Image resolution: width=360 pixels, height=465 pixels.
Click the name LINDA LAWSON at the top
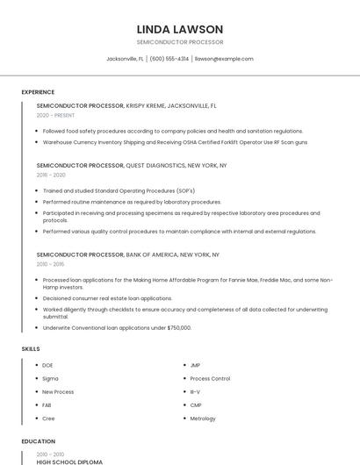tap(180, 29)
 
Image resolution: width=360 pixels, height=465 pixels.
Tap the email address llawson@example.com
tap(224, 59)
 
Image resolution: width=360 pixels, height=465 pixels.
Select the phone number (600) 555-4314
tap(169, 59)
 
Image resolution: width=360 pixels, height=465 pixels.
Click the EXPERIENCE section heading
tap(38, 92)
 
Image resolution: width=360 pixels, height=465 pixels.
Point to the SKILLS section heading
tap(31, 349)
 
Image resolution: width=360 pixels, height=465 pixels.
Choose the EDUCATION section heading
tap(38, 441)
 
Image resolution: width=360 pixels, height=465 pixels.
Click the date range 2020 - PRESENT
tap(55, 115)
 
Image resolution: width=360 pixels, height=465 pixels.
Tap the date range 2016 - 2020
tap(51, 175)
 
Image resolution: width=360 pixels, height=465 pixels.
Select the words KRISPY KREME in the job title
tap(145, 105)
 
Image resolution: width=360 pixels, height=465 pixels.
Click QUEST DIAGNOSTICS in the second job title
tap(160, 165)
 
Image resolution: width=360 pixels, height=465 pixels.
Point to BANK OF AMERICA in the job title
tap(151, 254)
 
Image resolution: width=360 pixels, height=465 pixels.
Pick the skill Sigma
tap(50, 378)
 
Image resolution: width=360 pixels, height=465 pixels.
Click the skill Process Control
tap(210, 378)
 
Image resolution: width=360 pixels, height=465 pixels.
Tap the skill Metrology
tap(203, 418)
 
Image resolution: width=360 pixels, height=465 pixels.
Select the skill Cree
tap(48, 418)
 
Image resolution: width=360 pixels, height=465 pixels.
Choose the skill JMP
tap(195, 365)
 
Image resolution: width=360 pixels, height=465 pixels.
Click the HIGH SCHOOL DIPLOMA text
tap(69, 461)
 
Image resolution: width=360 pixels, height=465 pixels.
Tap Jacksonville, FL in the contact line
tap(126, 59)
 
